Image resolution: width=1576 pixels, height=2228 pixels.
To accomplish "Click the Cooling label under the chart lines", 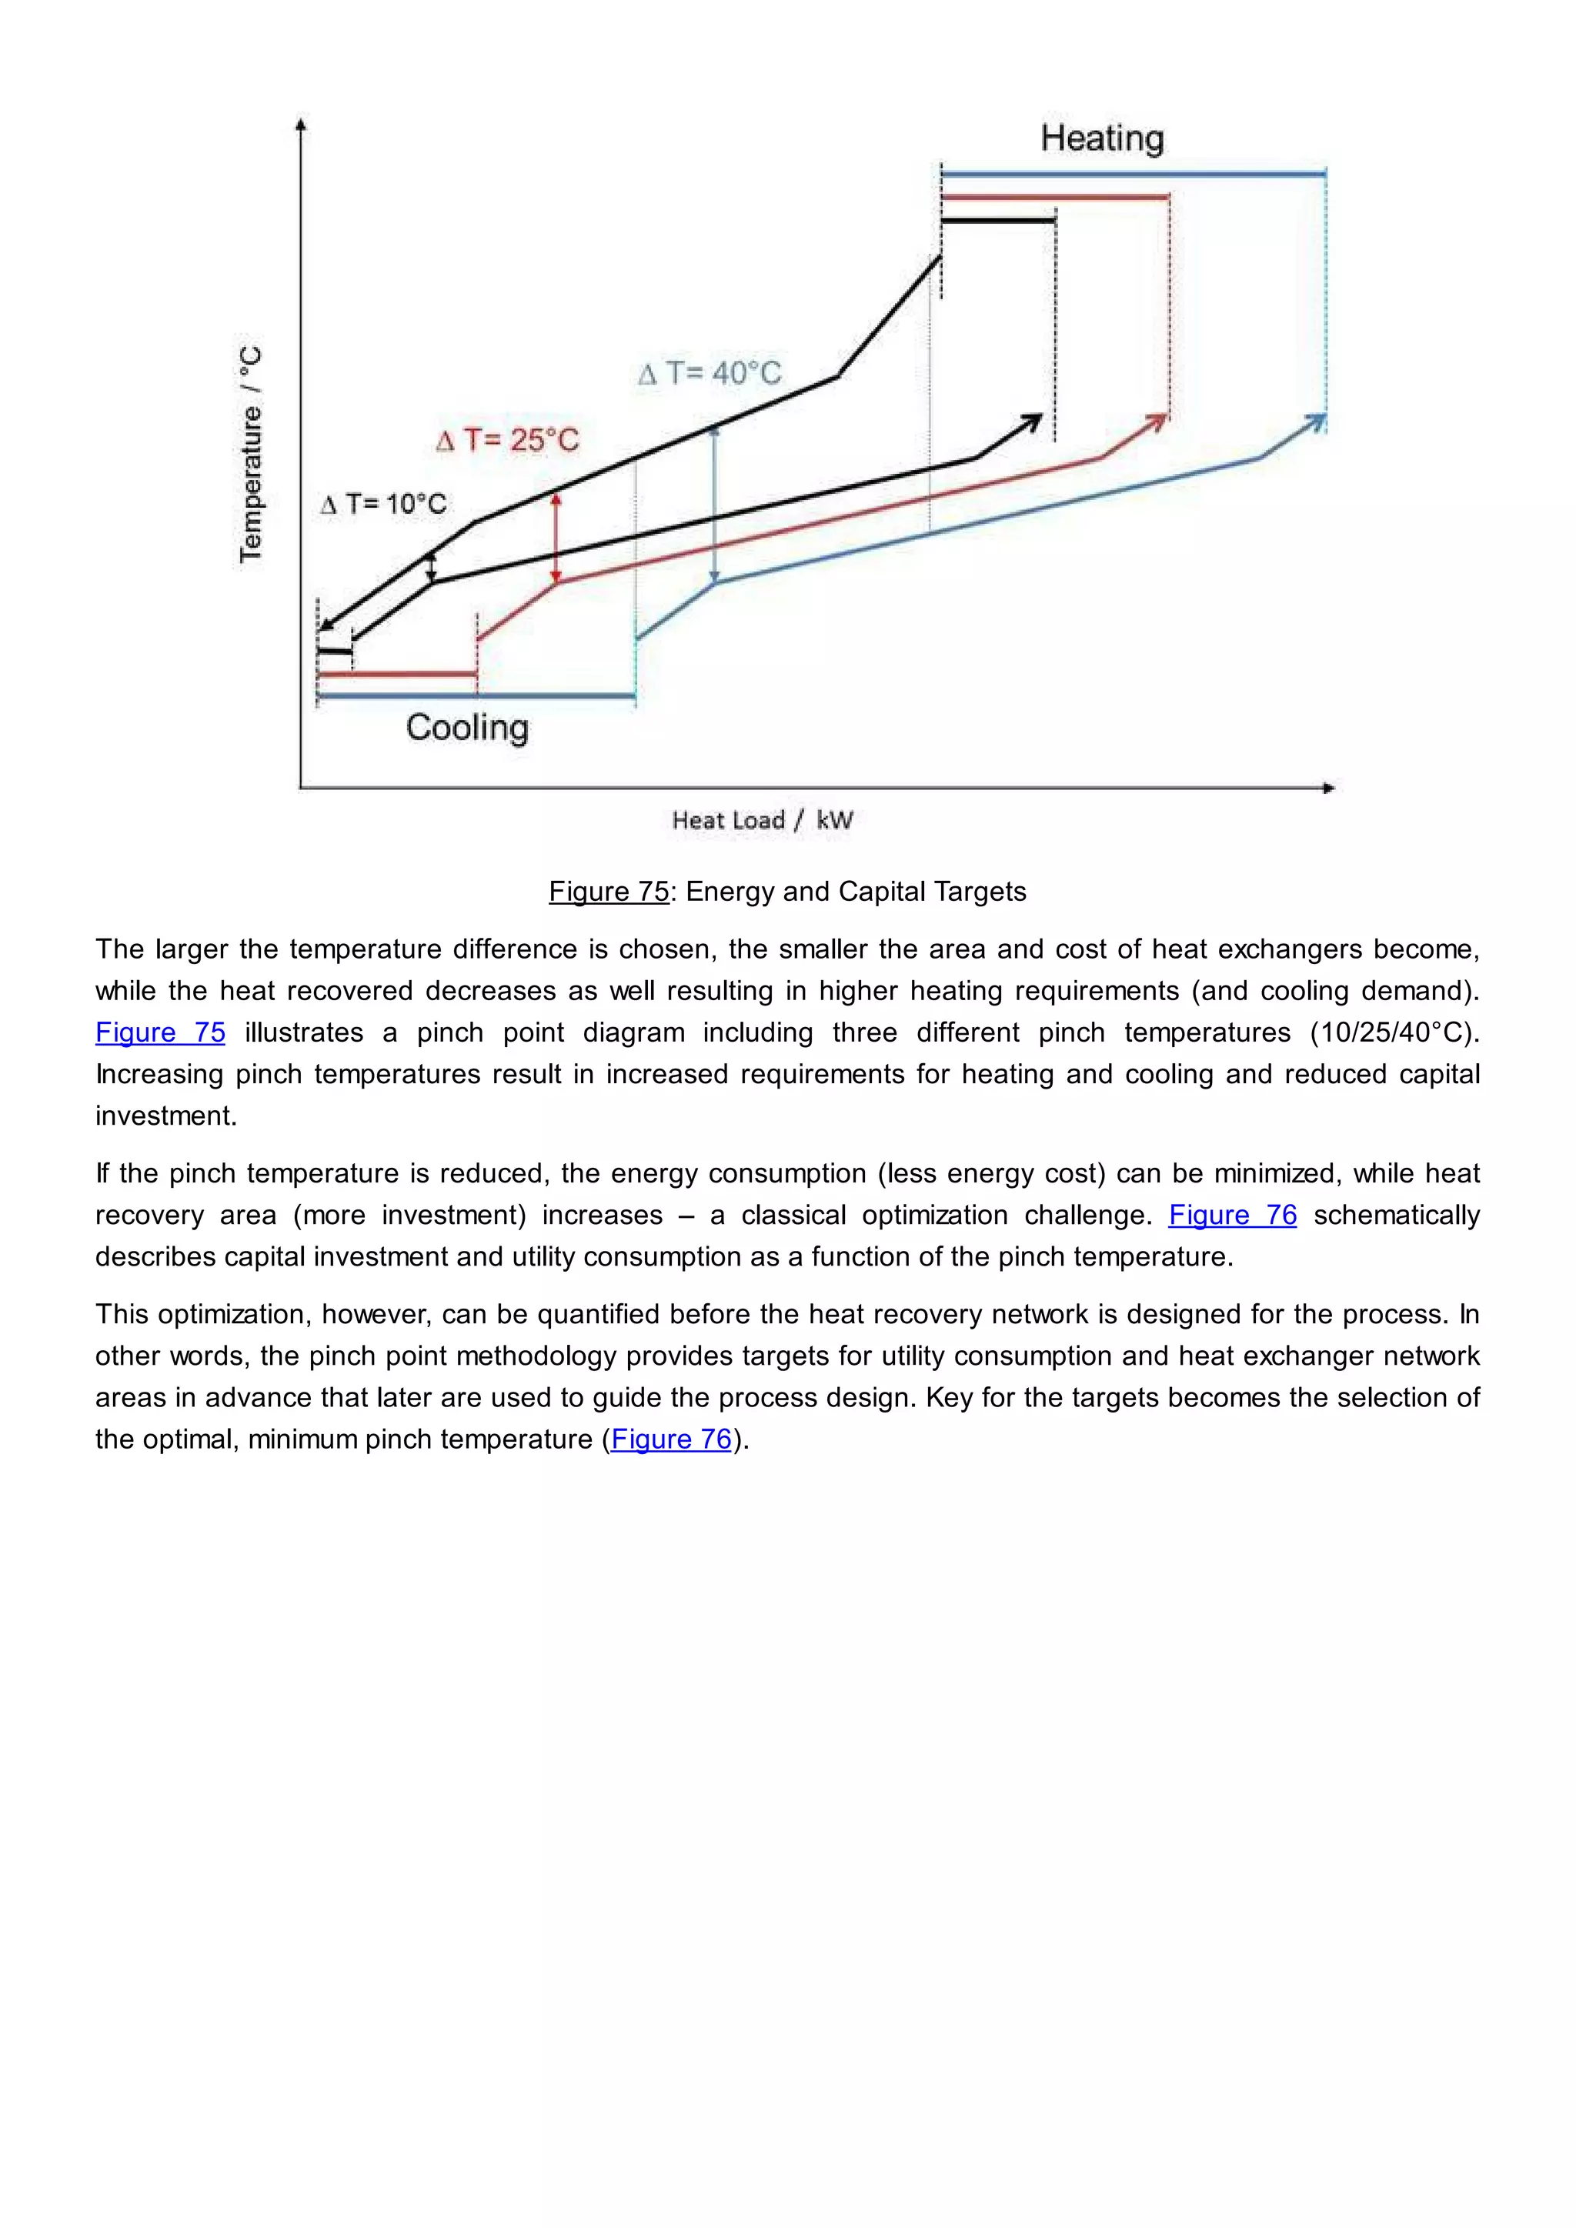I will [x=467, y=727].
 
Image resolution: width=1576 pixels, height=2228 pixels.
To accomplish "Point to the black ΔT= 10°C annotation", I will [x=383, y=504].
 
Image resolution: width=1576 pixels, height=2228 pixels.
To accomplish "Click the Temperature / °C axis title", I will [x=250, y=453].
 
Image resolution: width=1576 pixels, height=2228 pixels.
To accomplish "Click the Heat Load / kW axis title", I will [x=762, y=820].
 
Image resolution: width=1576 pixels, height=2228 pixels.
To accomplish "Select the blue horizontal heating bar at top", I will [x=1133, y=175].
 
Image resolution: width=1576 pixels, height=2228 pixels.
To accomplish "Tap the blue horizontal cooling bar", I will [x=476, y=695].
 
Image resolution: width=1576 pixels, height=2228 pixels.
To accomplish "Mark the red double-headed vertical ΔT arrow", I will [x=556, y=539].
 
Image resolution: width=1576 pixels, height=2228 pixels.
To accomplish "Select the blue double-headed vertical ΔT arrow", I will [x=714, y=505].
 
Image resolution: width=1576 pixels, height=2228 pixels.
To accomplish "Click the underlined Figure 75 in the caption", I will [x=609, y=891].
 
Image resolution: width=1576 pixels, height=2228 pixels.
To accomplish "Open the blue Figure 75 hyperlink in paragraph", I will [x=160, y=1032].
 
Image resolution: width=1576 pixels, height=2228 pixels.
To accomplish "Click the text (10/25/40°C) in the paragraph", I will [x=1394, y=1032].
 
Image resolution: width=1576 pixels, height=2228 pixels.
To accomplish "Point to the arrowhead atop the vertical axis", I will [x=301, y=124].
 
